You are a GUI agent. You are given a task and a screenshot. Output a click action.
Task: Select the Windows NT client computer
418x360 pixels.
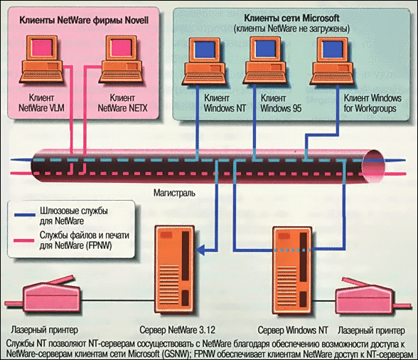click(x=205, y=62)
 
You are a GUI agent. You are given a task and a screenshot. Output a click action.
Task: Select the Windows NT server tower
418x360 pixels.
click(x=292, y=271)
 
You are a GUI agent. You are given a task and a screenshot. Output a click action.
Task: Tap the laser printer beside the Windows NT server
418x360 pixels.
click(x=370, y=296)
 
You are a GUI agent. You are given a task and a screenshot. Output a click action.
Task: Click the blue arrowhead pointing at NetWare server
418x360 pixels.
click(x=200, y=250)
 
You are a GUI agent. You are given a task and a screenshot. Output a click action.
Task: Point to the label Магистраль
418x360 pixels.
click(x=174, y=193)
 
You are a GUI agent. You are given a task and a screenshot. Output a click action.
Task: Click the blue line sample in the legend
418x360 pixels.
click(x=24, y=215)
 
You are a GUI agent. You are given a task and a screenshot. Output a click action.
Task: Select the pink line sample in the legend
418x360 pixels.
click(x=24, y=240)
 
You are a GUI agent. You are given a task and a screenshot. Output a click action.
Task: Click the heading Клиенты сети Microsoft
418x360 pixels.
click(x=291, y=18)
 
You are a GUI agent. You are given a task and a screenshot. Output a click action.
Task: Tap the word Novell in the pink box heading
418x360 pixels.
click(x=136, y=21)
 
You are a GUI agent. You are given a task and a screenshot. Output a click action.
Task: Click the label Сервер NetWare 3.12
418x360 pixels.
click(x=177, y=330)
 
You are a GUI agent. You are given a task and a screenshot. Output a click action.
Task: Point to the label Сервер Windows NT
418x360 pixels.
click(x=293, y=330)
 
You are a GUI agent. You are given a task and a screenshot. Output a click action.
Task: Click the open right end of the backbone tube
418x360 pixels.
click(x=374, y=166)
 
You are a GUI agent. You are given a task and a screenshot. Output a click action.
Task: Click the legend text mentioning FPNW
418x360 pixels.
click(x=84, y=240)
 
